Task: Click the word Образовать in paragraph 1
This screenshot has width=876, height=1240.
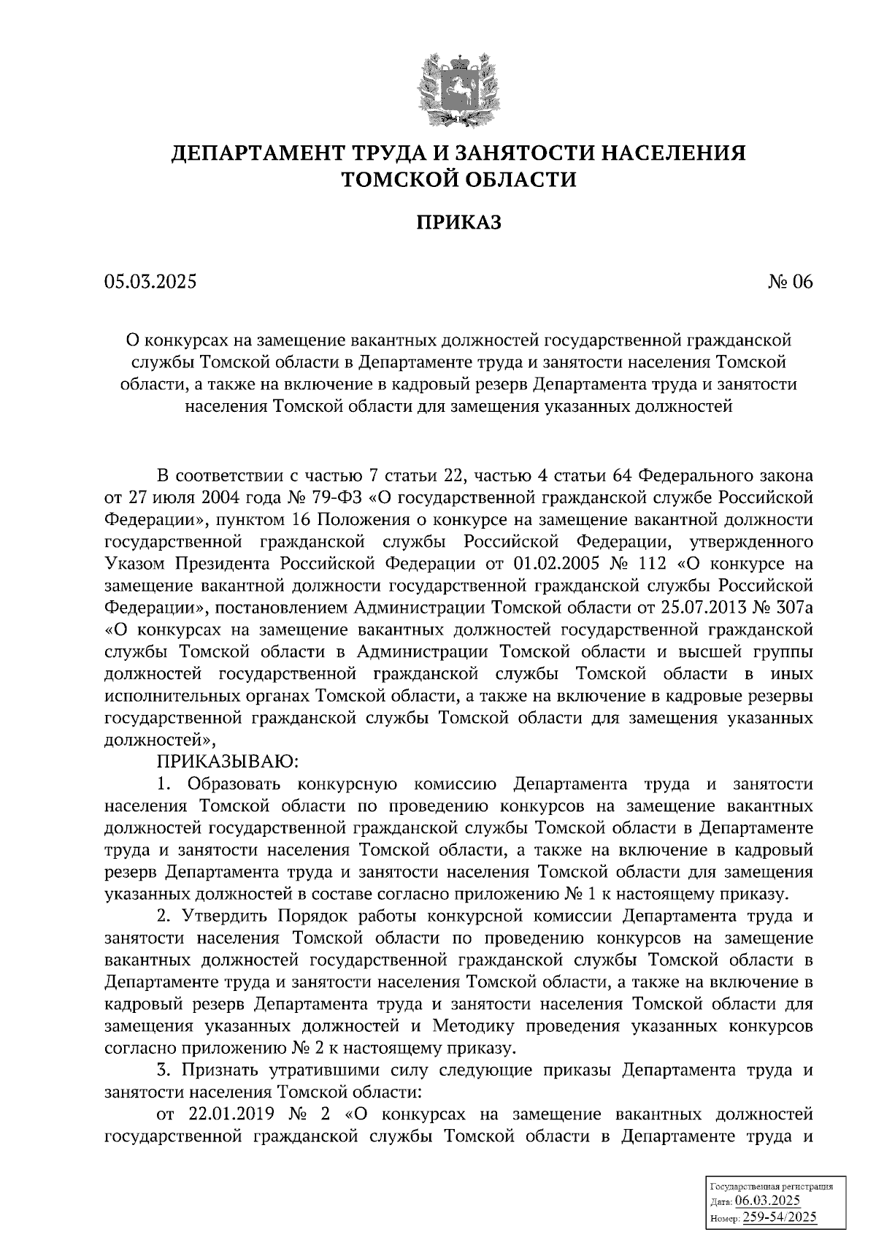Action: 234,784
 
